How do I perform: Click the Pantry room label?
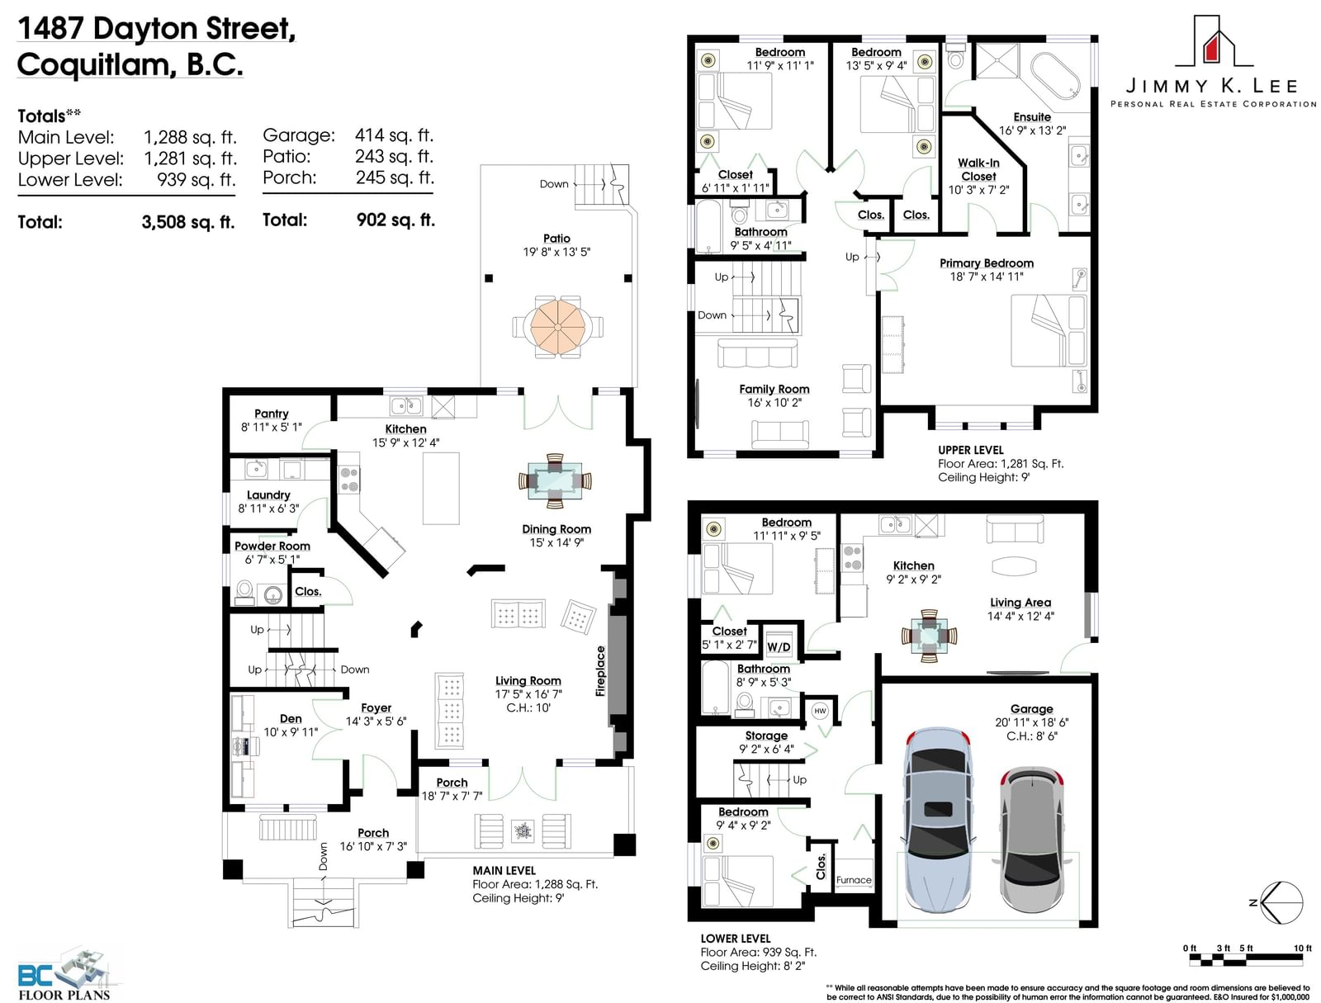coord(271,414)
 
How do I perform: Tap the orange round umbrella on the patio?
coord(557,327)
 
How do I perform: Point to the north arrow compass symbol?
coord(1281,902)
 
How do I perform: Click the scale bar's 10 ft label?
coord(1302,949)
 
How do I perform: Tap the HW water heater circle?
coord(820,711)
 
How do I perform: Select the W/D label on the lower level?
coord(779,647)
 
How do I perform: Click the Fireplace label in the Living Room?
coord(600,671)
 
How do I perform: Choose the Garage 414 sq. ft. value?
coord(394,135)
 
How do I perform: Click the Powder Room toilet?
coord(244,592)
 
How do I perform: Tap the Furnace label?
coord(854,880)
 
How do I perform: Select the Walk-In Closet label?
coord(978,169)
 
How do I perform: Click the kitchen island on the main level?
coord(441,489)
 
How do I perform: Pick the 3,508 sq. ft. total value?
coord(188,222)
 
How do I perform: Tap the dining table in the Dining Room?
coord(555,481)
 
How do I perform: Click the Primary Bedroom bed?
coord(1049,330)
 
